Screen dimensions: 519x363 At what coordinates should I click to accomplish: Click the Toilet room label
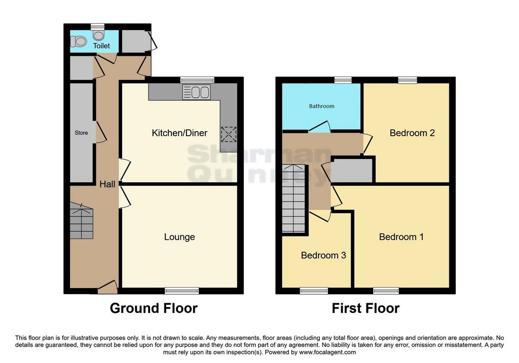coord(101,46)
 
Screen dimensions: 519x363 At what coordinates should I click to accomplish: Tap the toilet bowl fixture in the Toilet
coord(79,42)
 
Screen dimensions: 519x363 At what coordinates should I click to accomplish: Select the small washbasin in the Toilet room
coord(98,35)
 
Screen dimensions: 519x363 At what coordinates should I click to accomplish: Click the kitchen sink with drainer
coord(196,92)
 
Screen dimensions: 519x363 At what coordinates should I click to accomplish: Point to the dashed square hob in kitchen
coord(229,134)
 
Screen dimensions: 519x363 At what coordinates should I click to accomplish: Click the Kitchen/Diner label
coord(179,133)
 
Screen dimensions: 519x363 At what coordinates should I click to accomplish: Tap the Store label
coord(81,133)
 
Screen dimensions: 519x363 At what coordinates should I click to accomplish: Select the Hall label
coord(107,184)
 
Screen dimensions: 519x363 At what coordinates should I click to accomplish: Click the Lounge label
coord(179,237)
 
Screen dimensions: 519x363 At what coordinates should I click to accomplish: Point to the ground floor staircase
coord(82,221)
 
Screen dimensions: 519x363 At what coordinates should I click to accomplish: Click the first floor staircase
coord(293,198)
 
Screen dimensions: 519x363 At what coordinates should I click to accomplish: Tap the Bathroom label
coord(321,106)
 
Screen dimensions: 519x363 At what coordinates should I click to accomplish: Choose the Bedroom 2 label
coord(412,133)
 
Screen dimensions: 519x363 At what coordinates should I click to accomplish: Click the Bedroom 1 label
coord(401,237)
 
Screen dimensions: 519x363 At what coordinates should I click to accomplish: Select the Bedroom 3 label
coord(323,255)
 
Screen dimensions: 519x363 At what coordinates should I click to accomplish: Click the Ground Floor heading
coord(154,308)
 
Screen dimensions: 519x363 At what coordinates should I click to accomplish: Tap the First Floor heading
coord(365,308)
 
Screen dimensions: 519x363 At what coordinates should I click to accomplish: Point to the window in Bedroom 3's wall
coord(314,291)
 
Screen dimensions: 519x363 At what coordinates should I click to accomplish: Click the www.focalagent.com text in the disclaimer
coord(327,352)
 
